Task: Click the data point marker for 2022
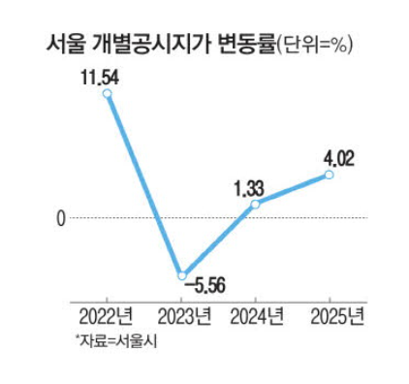(108, 94)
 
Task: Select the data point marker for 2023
(182, 275)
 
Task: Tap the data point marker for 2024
(255, 205)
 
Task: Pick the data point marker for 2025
(330, 175)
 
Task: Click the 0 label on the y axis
(60, 219)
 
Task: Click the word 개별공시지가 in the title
(142, 44)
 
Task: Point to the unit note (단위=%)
(314, 45)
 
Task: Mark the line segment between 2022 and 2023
(144, 184)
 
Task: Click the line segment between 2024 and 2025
(293, 190)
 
